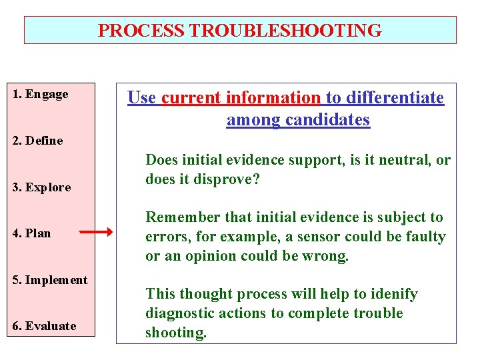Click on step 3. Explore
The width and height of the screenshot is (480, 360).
[41, 187]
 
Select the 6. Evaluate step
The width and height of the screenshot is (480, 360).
[45, 326]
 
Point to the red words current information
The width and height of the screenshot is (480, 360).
[241, 98]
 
